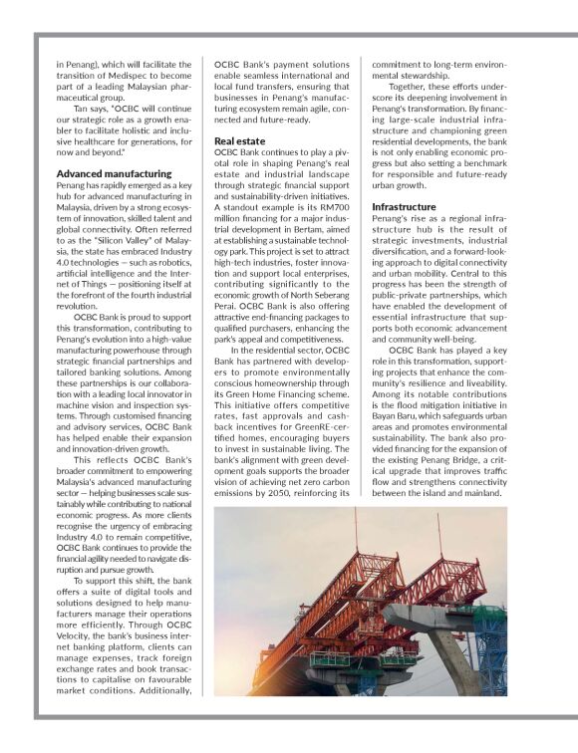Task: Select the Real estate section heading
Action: tap(240, 141)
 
